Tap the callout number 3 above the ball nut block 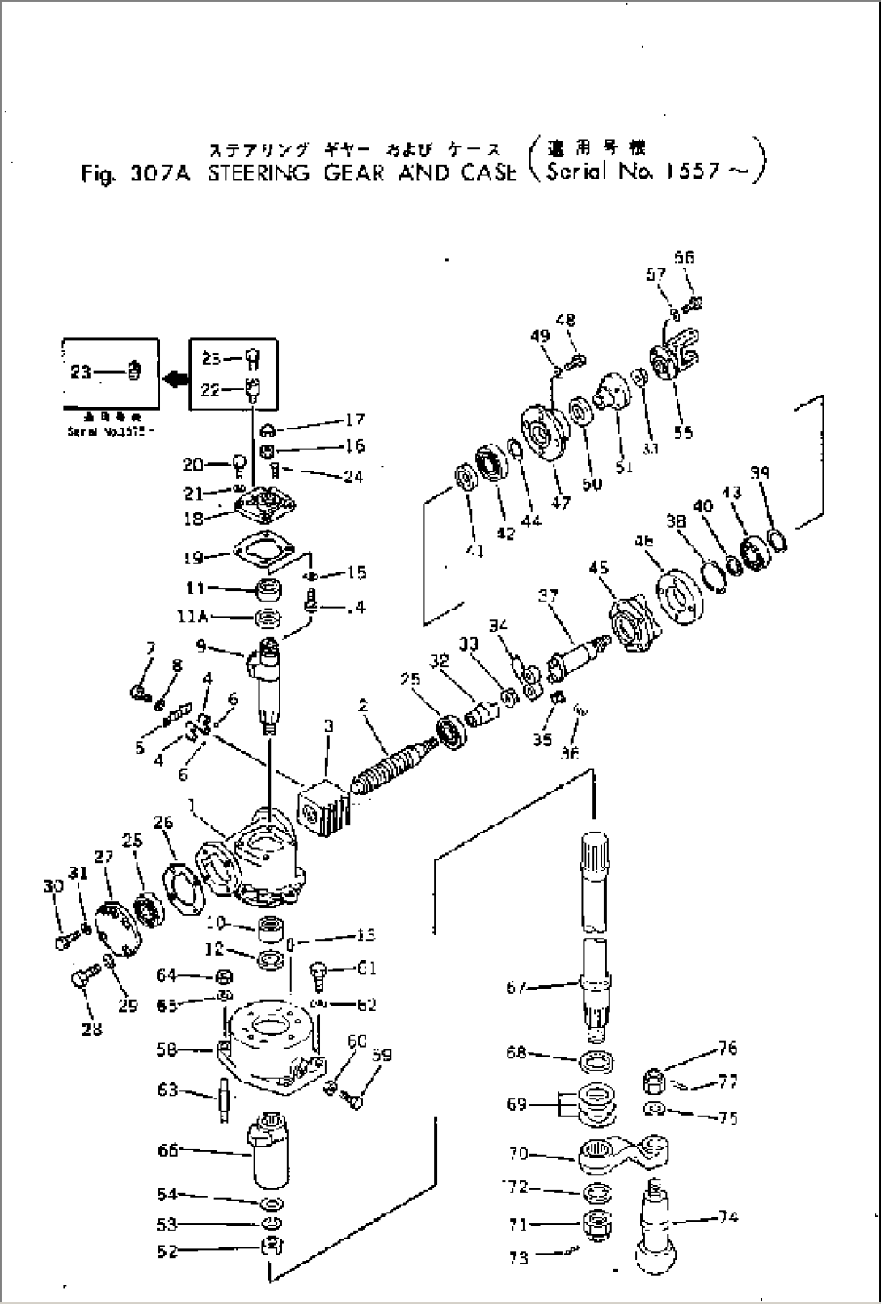click(x=328, y=727)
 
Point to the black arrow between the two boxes click(x=174, y=378)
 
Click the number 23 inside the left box click(x=81, y=372)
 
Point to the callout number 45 click(x=599, y=568)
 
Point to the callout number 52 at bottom click(x=167, y=1251)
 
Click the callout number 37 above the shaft click(x=550, y=597)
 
